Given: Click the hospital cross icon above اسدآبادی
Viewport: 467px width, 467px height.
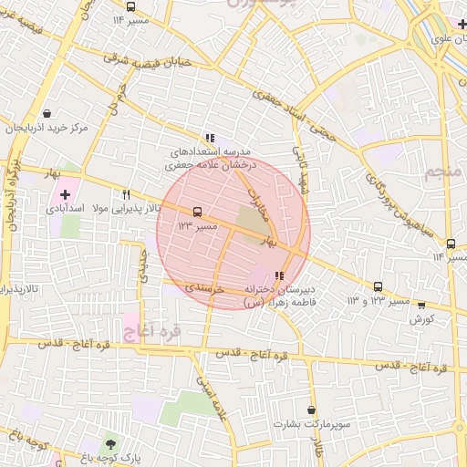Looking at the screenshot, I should [65, 193].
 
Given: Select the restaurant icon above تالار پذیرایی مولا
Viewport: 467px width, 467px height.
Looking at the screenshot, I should [126, 194].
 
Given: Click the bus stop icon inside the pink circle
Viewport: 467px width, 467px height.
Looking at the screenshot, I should [198, 212].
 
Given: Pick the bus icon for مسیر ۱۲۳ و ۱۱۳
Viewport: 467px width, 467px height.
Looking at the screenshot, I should [379, 286].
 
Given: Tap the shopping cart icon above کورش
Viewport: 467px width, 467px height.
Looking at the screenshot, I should [420, 306].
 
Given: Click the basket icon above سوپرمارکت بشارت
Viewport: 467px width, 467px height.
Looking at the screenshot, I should [312, 410].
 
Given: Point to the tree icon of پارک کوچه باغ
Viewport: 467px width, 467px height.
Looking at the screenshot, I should [110, 444].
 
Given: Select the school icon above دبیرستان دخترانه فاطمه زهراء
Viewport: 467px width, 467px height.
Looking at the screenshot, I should [278, 275].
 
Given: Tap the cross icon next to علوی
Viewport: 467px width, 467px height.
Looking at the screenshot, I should [462, 24].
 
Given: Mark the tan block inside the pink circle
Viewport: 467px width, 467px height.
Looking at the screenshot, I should [249, 219].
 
